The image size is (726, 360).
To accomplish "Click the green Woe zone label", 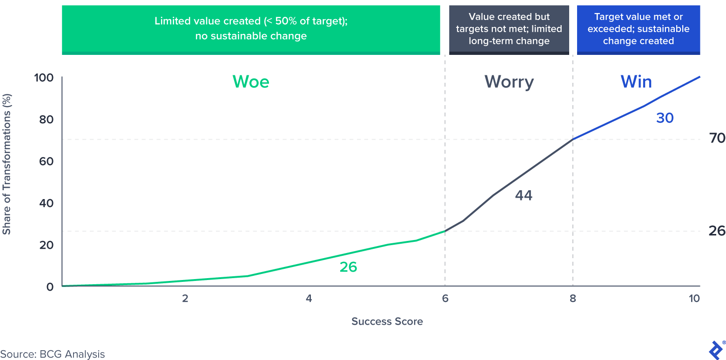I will point(251,82).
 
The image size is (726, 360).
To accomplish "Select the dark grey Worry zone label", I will point(509,82).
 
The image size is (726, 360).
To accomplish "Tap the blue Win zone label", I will point(636,82).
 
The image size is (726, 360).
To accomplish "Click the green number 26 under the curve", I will point(348,267).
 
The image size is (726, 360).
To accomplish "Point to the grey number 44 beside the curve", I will point(524,195).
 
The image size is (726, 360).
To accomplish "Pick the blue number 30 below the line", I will point(665,118).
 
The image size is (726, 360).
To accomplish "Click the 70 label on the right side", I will point(717,139).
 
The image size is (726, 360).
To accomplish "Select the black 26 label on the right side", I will point(717,231).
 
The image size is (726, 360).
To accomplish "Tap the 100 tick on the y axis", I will point(44,78).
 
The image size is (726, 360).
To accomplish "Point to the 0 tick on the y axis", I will point(50,287).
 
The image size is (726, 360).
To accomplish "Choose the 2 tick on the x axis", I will point(185,299).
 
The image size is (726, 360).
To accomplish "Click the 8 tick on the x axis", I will point(572,299).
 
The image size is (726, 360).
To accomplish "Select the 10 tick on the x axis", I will point(694,299).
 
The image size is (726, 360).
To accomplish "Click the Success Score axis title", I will point(387,321).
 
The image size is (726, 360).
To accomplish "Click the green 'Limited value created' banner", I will point(251,28).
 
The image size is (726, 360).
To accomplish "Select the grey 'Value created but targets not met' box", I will point(509,29).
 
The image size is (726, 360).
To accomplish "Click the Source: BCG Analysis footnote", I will point(53,354).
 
